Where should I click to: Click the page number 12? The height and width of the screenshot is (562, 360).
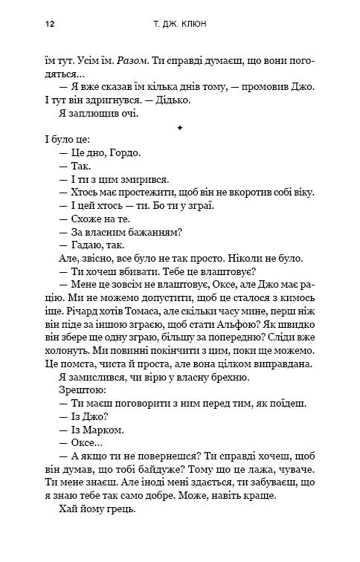coord(50,24)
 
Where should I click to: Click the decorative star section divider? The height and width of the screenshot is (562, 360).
coord(180,127)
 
